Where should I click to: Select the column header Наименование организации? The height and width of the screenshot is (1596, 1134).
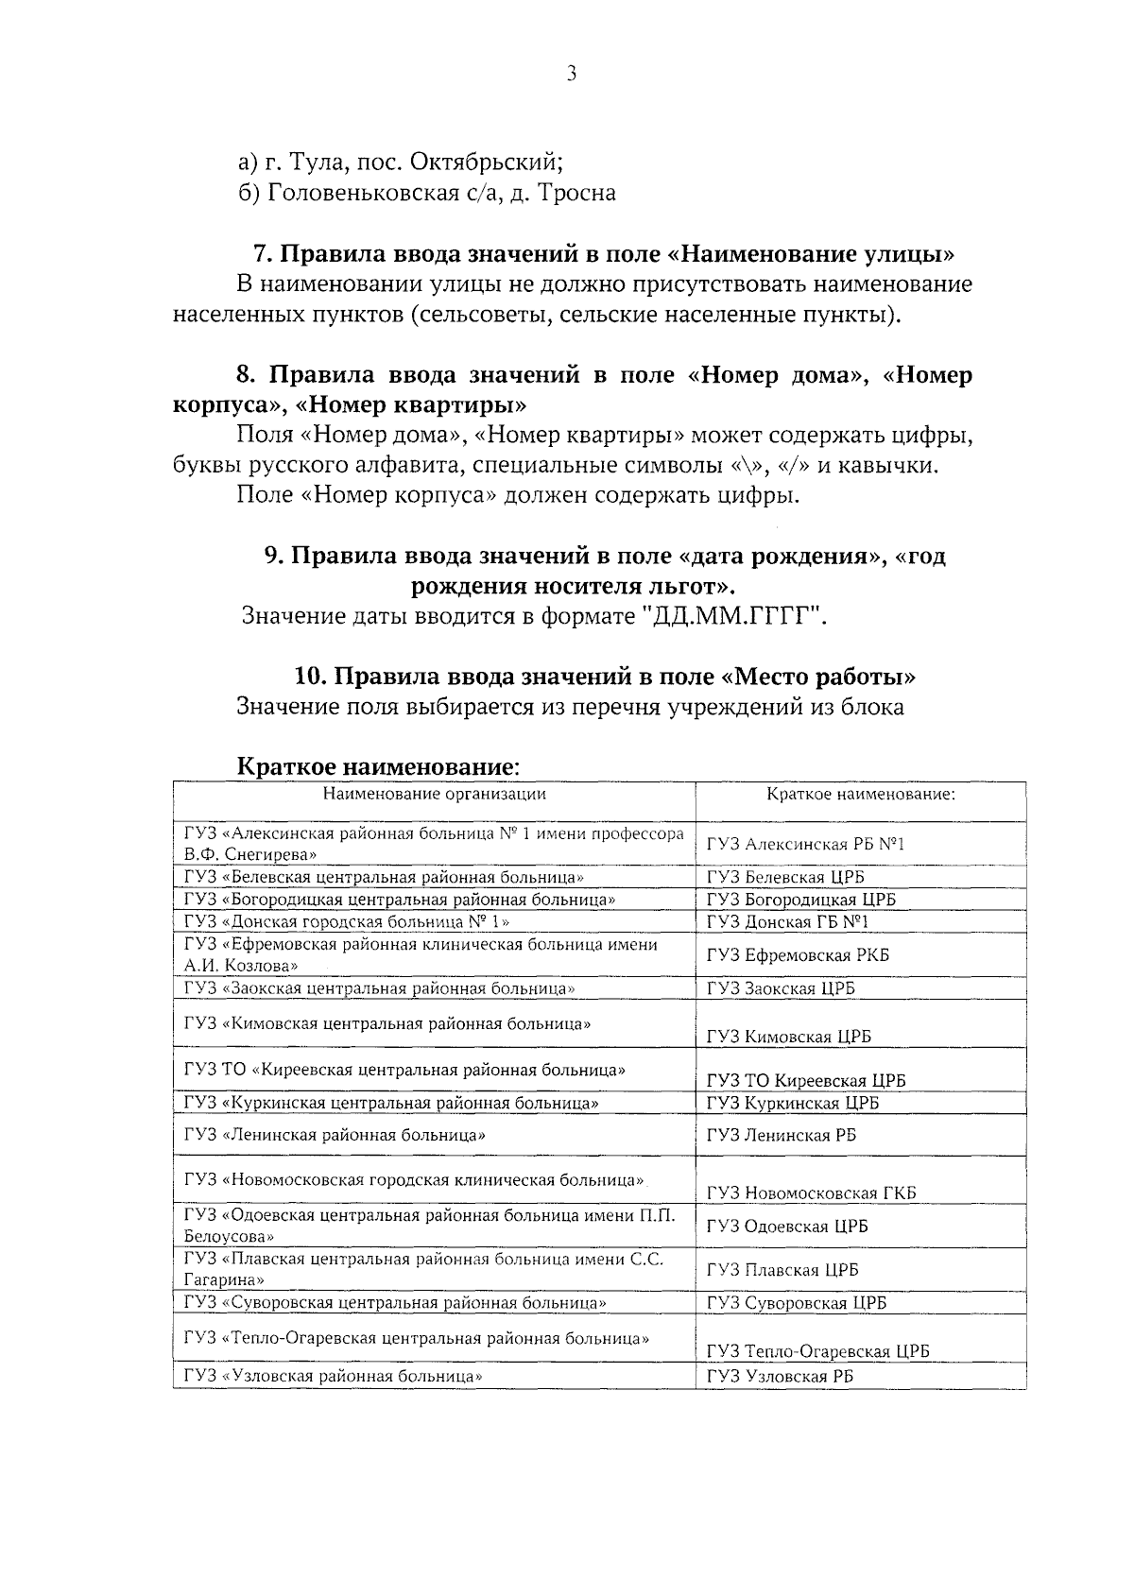(x=434, y=794)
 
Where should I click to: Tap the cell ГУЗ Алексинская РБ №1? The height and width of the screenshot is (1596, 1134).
(x=805, y=844)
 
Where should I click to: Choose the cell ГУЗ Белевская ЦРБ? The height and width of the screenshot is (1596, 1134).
(x=785, y=878)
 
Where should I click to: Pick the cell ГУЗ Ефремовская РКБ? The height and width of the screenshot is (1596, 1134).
(x=798, y=955)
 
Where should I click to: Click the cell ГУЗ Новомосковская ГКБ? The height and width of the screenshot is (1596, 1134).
(x=811, y=1193)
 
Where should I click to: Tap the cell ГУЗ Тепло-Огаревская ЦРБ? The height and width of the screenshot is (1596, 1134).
(x=817, y=1350)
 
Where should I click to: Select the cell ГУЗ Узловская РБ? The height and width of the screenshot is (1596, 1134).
(x=780, y=1377)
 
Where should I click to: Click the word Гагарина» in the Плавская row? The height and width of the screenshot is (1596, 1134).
(x=224, y=1279)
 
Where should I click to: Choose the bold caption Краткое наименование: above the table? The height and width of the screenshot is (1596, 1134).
(x=378, y=765)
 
